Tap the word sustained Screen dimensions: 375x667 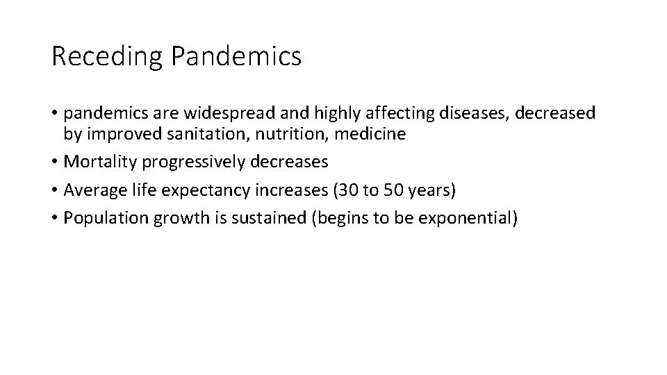272,217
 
